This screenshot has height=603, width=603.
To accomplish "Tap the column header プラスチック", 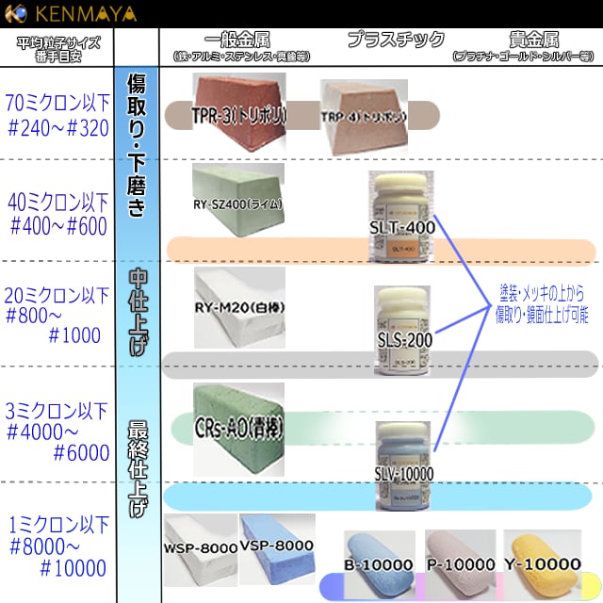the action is coord(396,40).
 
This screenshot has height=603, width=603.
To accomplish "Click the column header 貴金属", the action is coord(533,40).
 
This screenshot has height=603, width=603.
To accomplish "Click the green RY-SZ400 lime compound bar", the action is coord(236,202).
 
